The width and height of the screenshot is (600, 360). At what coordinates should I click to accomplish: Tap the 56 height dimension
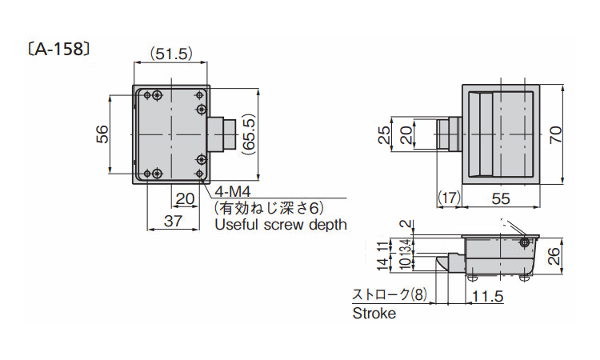click(x=102, y=134)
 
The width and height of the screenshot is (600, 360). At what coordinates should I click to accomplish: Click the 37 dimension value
click(x=172, y=222)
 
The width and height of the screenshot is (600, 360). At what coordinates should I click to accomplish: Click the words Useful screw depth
click(x=280, y=225)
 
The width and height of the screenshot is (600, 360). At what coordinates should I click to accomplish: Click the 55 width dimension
click(x=501, y=198)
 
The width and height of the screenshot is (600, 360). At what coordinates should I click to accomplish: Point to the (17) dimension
click(x=449, y=198)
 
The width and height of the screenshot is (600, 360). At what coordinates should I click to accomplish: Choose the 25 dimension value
click(x=384, y=134)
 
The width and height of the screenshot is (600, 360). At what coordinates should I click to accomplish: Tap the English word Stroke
click(x=374, y=314)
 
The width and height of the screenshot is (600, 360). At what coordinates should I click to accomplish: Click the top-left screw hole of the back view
click(x=158, y=95)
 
